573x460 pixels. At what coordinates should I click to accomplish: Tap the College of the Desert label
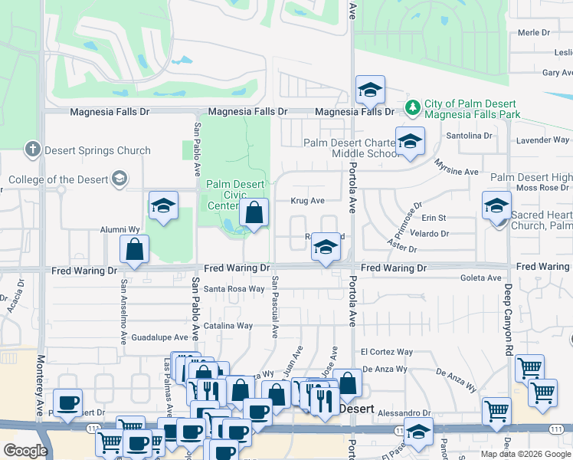click(x=58, y=180)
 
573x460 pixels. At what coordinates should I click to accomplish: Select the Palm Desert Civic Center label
click(x=235, y=195)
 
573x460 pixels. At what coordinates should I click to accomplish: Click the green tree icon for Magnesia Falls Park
click(x=413, y=107)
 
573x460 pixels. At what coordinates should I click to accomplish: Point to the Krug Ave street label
click(x=307, y=201)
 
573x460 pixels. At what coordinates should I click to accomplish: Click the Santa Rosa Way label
click(x=234, y=289)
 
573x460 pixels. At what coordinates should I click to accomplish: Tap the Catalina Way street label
click(x=228, y=326)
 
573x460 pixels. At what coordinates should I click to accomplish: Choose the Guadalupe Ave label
click(x=159, y=337)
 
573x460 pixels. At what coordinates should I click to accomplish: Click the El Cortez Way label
click(x=387, y=352)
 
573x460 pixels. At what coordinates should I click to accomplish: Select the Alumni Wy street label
click(x=120, y=229)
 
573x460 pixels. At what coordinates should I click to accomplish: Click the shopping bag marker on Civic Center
click(x=254, y=214)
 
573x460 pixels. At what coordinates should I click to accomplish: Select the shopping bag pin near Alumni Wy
click(x=135, y=250)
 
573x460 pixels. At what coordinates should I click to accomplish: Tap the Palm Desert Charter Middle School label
click(x=350, y=148)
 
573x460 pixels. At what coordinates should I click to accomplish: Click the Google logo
click(x=25, y=452)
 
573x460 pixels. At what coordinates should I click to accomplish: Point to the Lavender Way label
click(x=542, y=140)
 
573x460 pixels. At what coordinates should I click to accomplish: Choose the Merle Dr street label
click(x=535, y=32)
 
